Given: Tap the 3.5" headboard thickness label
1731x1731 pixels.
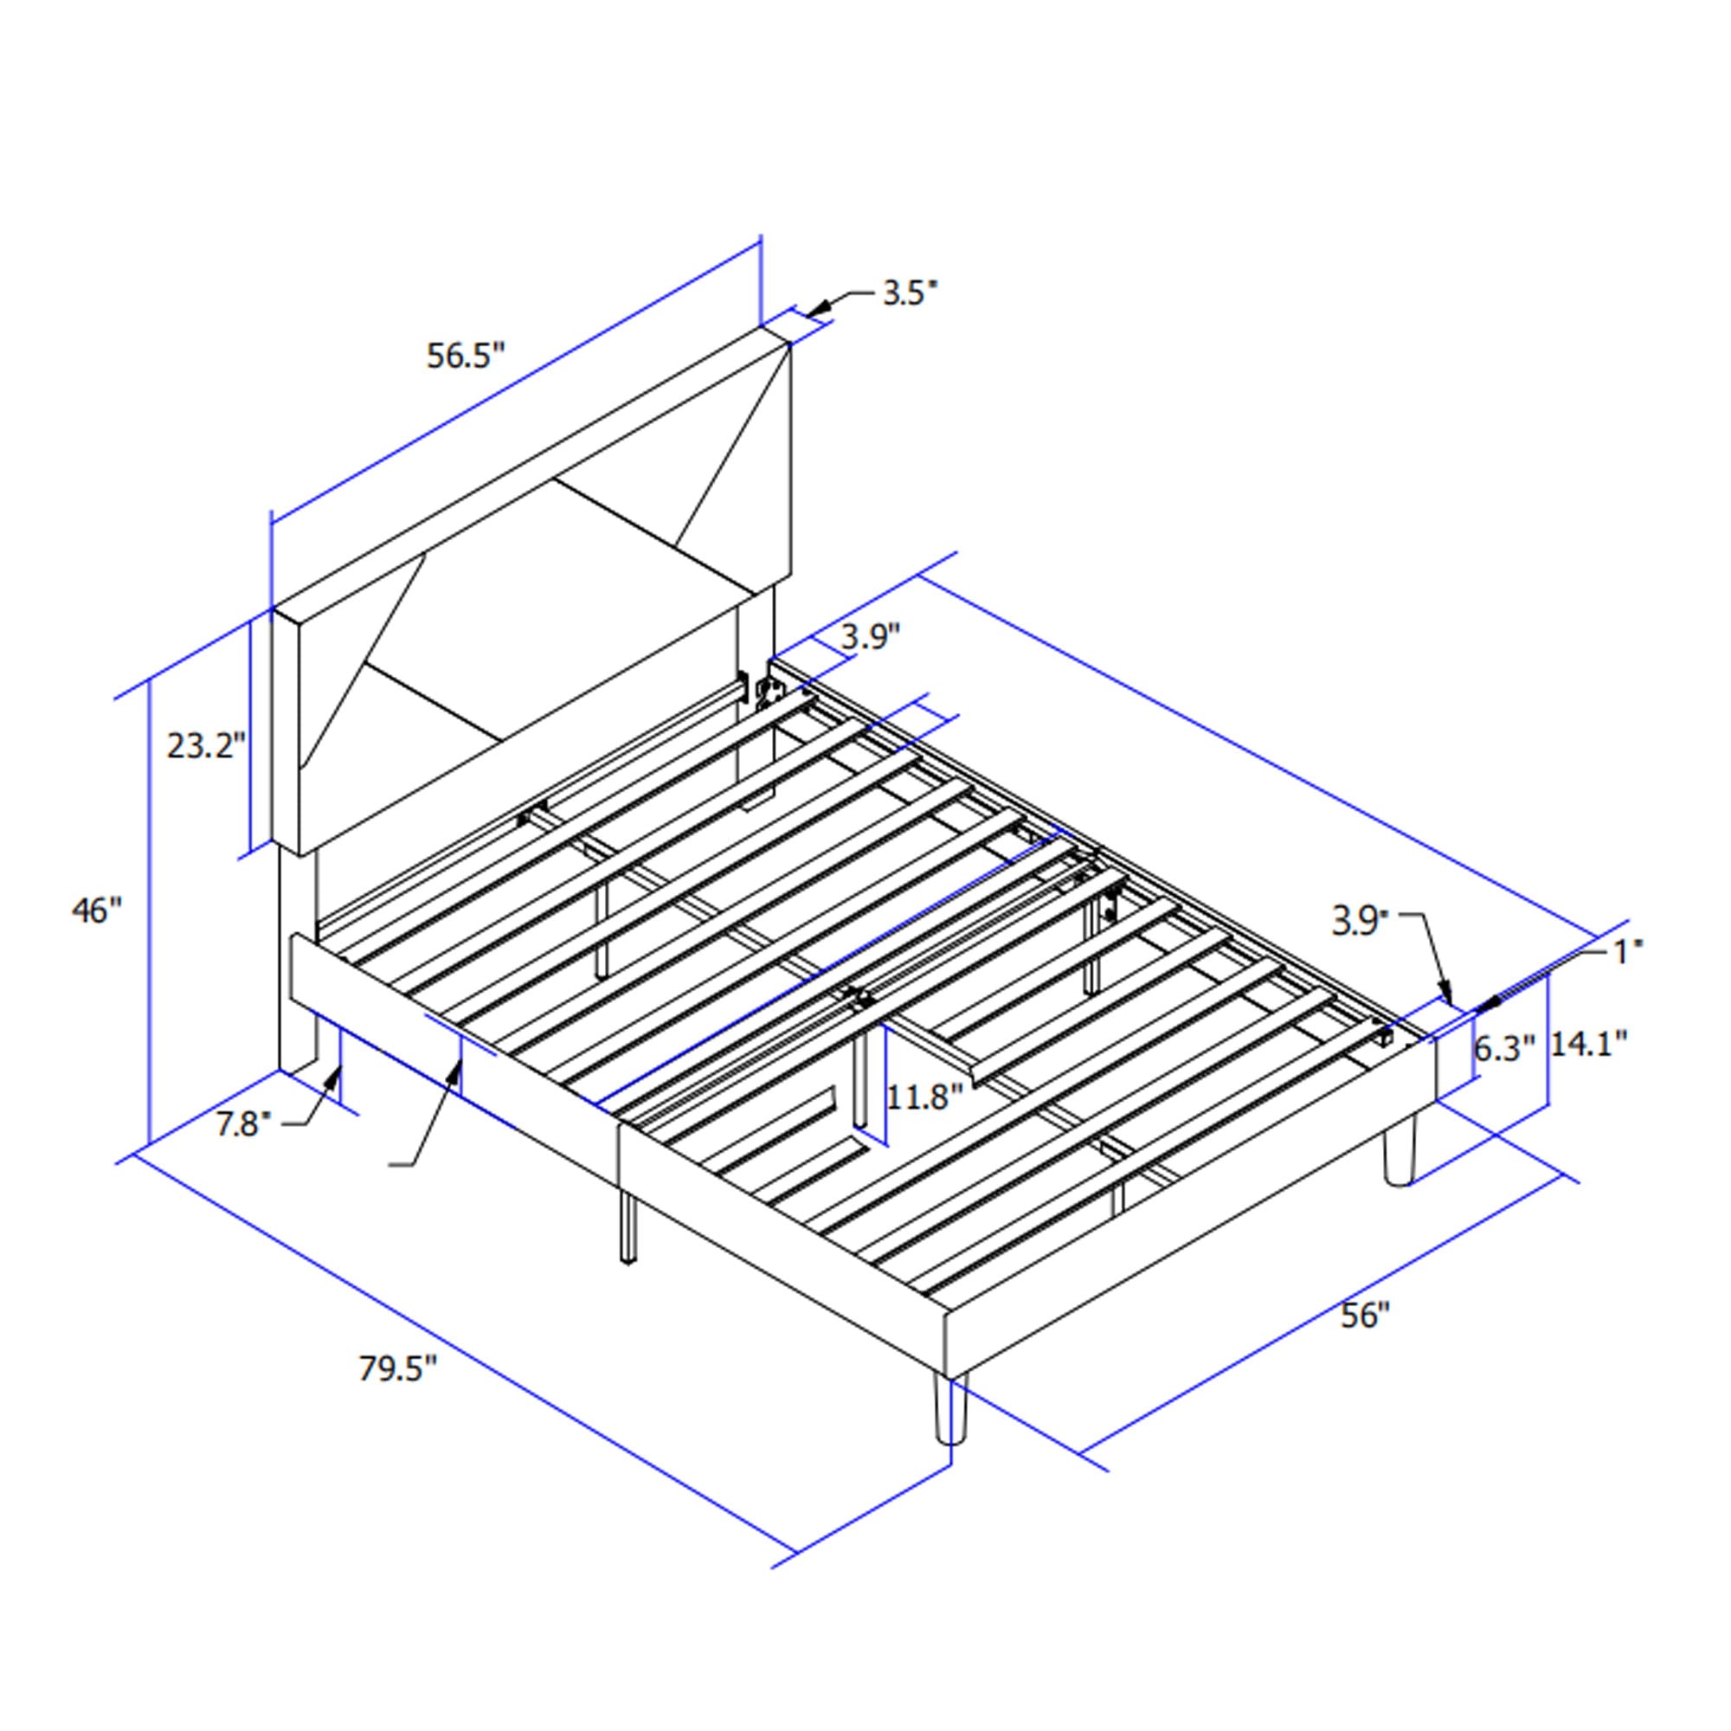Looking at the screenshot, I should pyautogui.click(x=910, y=293).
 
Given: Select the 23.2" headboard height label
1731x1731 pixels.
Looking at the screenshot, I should pyautogui.click(x=205, y=744).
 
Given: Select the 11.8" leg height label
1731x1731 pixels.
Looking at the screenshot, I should pyautogui.click(x=923, y=1096).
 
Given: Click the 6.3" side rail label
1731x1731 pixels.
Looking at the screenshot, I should pyautogui.click(x=1504, y=1048).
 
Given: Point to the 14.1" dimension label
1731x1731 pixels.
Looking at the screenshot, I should pyautogui.click(x=1588, y=1043).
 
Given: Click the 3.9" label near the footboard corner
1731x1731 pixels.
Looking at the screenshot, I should pyautogui.click(x=1360, y=922).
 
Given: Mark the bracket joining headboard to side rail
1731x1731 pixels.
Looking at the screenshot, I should pyautogui.click(x=768, y=691).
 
